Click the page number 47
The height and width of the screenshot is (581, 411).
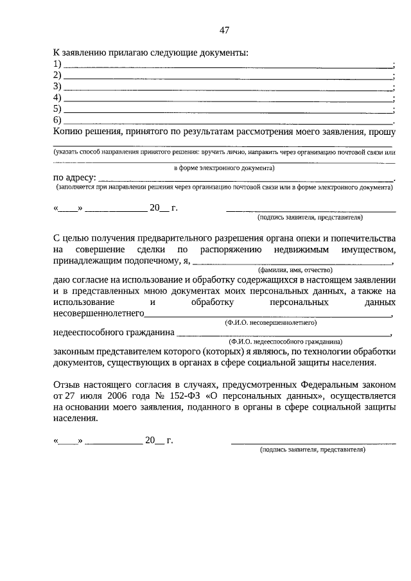[x=224, y=30]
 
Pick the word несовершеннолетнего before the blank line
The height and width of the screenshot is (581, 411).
[x=98, y=314]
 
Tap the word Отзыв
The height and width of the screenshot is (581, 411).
[x=67, y=385]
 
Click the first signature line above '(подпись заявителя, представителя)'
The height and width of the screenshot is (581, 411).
[x=311, y=210]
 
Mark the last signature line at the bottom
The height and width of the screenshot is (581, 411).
[x=313, y=442]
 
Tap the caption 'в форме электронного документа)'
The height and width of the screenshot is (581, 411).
[x=224, y=168]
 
